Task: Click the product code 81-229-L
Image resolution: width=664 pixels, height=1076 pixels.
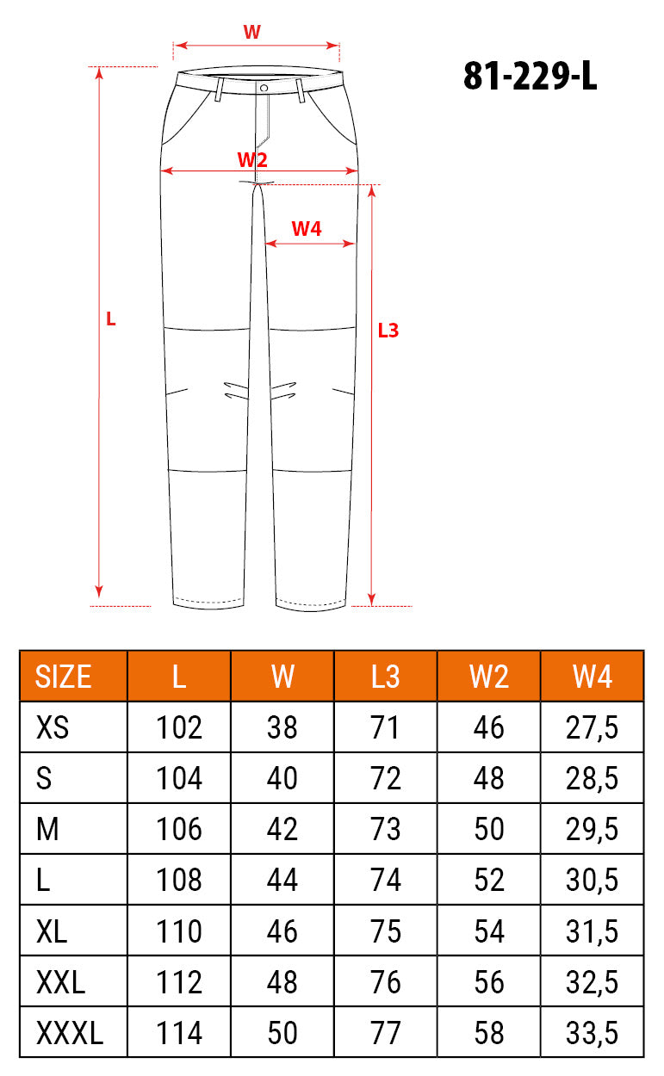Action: tap(530, 77)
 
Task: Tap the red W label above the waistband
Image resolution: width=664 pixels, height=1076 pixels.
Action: tap(251, 32)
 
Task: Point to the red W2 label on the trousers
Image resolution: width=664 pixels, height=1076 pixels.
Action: tap(252, 159)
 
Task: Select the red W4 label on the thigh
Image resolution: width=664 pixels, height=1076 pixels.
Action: tap(307, 229)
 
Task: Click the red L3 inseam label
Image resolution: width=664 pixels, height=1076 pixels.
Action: tap(388, 331)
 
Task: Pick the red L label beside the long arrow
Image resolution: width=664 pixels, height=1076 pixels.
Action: tap(110, 319)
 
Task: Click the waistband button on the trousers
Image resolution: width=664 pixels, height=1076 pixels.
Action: tap(264, 88)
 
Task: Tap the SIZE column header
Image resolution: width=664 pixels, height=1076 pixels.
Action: tap(63, 677)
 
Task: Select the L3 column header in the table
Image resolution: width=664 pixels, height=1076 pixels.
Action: tap(385, 677)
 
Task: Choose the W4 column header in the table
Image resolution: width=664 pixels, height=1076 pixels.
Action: tap(592, 677)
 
